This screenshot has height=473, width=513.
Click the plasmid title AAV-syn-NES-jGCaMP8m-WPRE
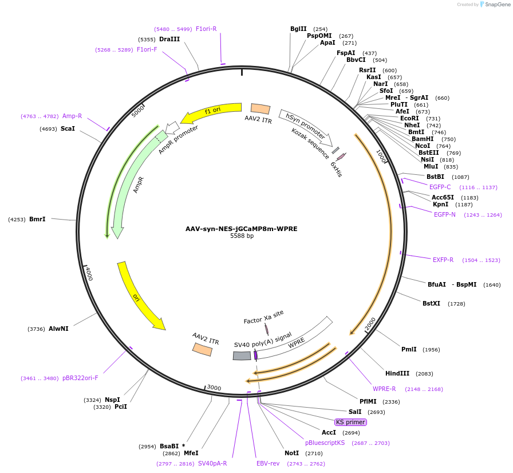(241, 229)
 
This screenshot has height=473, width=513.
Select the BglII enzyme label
(298, 29)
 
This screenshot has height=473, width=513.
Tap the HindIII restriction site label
(397, 373)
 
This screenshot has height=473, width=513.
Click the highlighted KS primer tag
(350, 422)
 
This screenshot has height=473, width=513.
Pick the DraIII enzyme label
(169, 39)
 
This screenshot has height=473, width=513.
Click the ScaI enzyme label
(68, 128)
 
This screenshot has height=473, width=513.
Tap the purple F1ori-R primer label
(206, 29)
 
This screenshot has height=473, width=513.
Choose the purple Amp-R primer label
(72, 116)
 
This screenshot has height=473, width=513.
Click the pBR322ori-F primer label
(80, 378)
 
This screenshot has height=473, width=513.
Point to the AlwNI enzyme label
(58, 329)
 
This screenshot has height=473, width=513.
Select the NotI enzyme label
(291, 453)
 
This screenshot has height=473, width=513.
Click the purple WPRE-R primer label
(384, 389)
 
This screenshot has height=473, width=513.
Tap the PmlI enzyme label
(409, 349)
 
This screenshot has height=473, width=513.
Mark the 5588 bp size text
(242, 236)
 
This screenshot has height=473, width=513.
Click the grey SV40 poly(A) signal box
(242, 355)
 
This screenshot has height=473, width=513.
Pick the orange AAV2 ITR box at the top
(261, 108)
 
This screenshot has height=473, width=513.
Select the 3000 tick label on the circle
(213, 388)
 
